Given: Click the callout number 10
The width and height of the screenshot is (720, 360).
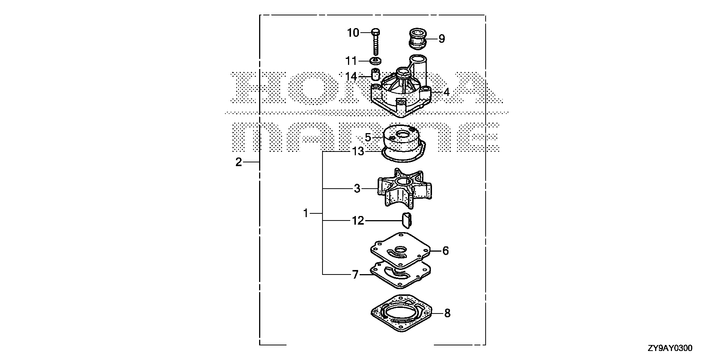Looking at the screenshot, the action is coord(353,33).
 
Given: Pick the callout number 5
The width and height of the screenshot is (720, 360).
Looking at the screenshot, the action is coord(368,138).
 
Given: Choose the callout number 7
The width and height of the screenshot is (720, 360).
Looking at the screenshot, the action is coord(355,275).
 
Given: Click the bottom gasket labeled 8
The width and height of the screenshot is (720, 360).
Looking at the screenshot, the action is coord(401,313).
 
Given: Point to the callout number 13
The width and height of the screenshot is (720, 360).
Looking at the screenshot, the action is coord(358,151).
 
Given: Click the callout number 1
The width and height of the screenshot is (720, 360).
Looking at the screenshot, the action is coord(306,213).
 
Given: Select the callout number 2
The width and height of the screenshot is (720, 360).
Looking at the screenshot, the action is coord(238,162).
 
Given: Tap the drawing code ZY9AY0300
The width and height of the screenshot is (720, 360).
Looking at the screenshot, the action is coord(670,348).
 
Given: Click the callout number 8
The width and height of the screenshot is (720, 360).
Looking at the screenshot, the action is coord(447,313).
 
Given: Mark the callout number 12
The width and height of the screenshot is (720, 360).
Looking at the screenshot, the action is coord(358,220).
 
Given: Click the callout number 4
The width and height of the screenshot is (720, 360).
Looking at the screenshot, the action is coord(446,92).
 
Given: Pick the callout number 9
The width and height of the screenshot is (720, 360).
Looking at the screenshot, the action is coord(441,39).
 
